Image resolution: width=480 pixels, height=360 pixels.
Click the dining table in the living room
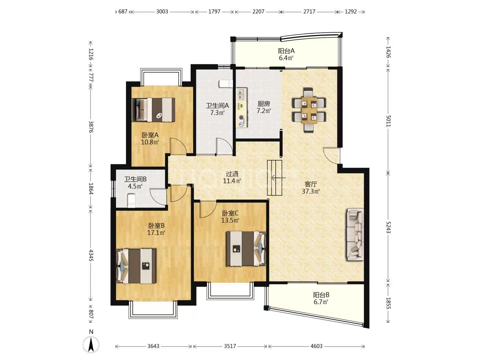(x=309, y=110)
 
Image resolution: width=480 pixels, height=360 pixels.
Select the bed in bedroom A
(x=153, y=110)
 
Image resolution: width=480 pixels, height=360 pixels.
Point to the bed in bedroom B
(x=136, y=266)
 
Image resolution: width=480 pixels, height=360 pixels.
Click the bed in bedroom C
(x=246, y=248)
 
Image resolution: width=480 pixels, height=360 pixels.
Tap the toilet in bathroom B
(x=131, y=200)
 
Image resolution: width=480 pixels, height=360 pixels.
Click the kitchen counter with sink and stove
(x=242, y=108)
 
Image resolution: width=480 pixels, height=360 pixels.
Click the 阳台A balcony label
(x=286, y=51)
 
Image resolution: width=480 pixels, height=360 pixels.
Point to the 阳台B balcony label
(x=321, y=295)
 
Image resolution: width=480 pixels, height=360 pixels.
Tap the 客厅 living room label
(x=311, y=184)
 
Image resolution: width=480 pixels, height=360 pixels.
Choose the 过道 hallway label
(x=232, y=174)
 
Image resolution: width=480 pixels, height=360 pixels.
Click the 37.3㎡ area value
(x=311, y=191)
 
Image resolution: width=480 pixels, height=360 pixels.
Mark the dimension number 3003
(x=162, y=11)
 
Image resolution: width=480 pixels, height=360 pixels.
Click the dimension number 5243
(x=388, y=227)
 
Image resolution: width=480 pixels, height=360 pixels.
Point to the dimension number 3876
(x=91, y=127)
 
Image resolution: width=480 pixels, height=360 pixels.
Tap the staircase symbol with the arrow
(x=275, y=178)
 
